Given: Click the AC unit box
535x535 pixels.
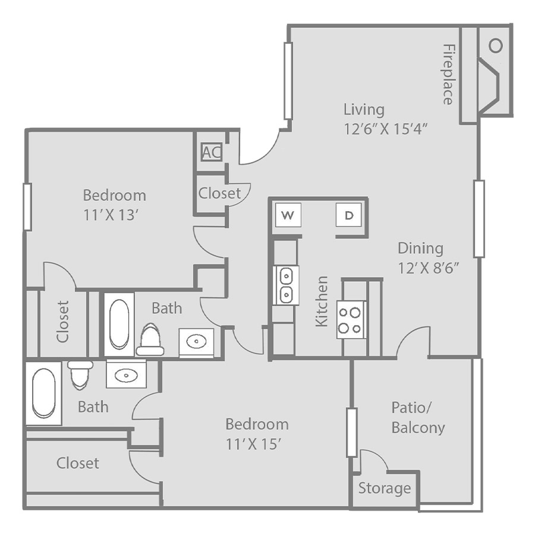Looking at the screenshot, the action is (212, 152).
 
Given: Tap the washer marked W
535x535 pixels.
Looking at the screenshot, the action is (288, 215).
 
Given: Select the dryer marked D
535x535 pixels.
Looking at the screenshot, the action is (348, 215).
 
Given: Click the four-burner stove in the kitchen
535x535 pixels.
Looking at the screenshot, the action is (350, 320).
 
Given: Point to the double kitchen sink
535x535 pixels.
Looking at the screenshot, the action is (286, 285).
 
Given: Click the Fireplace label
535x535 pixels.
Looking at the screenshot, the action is (448, 74).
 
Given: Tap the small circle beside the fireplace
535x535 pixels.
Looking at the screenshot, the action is (495, 46).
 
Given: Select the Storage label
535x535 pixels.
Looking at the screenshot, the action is (385, 488).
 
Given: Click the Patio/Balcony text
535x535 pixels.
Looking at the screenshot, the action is (418, 418).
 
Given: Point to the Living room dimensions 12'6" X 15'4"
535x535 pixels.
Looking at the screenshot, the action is (386, 129).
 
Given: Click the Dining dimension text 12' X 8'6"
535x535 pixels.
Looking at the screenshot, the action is (428, 268).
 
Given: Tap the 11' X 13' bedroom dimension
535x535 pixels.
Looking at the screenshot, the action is (111, 215).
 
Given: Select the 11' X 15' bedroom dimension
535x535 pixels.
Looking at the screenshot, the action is (253, 444).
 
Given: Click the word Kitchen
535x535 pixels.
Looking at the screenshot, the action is (322, 301).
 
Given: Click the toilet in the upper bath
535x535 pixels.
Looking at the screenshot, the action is (150, 339).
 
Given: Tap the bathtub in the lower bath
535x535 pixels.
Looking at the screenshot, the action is (43, 393).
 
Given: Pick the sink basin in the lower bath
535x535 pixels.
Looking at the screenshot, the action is (126, 376).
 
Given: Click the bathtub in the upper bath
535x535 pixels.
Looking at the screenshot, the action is (119, 324).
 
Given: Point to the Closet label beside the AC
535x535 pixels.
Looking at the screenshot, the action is (220, 193).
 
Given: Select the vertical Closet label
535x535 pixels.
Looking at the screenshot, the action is (63, 322).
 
